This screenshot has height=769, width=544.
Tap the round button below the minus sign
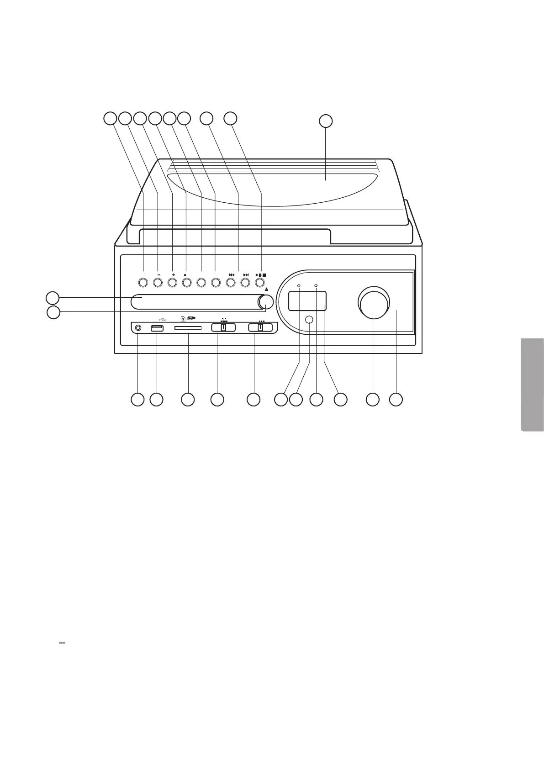158,283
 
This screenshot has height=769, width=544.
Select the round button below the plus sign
172,283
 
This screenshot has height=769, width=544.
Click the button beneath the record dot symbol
186,283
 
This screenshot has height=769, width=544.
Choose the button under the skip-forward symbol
245,283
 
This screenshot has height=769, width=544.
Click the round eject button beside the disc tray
265,302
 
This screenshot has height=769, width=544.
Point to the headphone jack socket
138,328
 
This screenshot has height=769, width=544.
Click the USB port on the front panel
157,328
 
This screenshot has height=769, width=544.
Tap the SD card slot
188,328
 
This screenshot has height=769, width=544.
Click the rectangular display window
307,301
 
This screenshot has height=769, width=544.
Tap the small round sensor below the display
309,320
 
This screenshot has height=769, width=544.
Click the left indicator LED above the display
299,286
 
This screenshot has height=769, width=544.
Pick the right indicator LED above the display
316,286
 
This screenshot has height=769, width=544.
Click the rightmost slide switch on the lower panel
260,327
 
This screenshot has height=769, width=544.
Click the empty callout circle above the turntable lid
325,121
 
